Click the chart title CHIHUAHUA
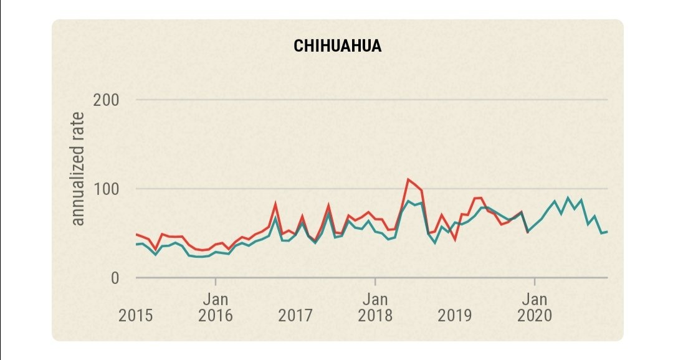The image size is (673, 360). tap(337, 47)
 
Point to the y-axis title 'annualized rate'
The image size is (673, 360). tap(77, 169)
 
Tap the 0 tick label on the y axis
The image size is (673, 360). tap(114, 278)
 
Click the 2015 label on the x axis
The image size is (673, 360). tap(136, 315)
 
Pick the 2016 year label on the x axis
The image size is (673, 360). tap(216, 315)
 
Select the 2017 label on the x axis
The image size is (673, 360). tap(295, 315)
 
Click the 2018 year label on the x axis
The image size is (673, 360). tap(375, 315)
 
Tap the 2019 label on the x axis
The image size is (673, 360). tap(455, 315)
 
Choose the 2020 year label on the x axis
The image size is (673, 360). tap(534, 315)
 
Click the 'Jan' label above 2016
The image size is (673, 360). tap(216, 298)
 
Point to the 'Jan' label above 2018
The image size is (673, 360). tap(375, 298)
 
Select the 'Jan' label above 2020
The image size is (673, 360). tap(534, 298)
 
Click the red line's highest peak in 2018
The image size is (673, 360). tap(408, 179)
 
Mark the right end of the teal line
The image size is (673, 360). tap(607, 232)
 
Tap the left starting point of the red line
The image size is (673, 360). tap(136, 234)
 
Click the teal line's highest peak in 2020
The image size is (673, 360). tap(568, 198)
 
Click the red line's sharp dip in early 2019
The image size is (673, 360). tap(455, 240)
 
